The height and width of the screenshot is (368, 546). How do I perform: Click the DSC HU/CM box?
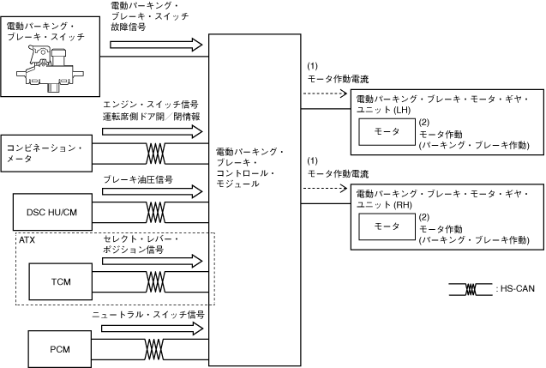(52, 211)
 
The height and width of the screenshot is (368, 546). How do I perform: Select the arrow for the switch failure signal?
(152, 43)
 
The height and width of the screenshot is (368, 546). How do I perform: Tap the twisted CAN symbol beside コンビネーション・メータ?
(156, 154)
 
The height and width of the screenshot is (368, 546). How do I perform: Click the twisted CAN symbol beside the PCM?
(156, 348)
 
